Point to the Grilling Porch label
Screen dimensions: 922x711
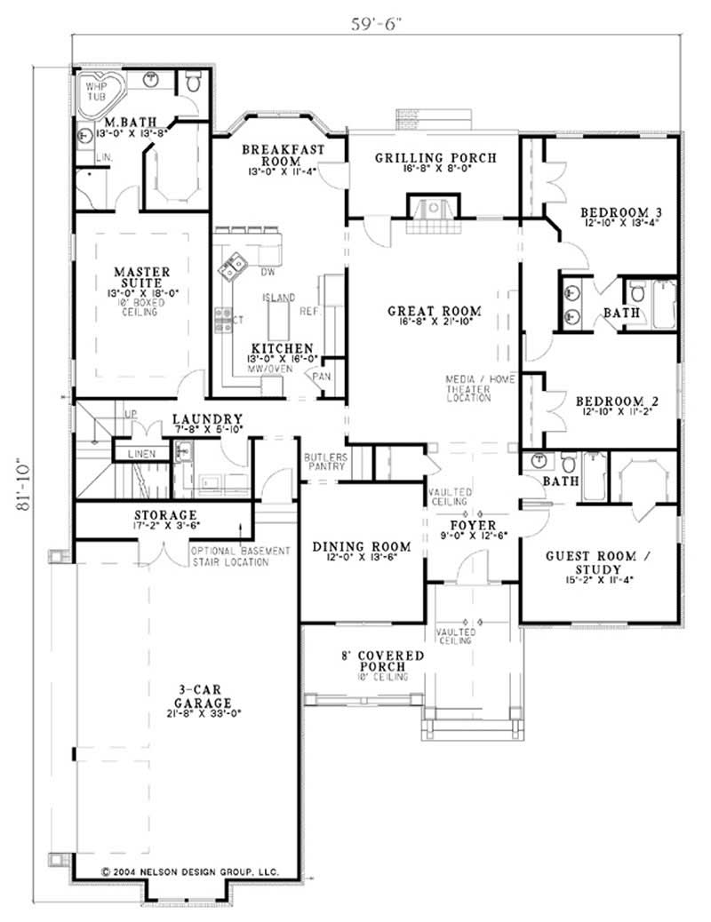(x=435, y=158)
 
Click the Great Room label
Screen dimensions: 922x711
(x=435, y=311)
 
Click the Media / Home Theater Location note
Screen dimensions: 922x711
(x=480, y=388)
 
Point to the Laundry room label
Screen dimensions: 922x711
(x=207, y=418)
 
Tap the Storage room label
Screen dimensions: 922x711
(x=165, y=515)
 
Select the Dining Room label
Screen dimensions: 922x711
(x=362, y=546)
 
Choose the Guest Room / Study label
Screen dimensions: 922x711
(x=603, y=561)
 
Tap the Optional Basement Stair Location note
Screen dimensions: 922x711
(x=241, y=556)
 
